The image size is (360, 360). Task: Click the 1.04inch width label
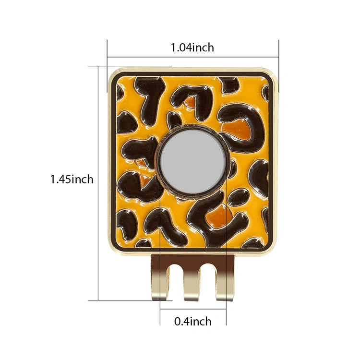point(192,48)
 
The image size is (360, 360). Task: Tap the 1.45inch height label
point(72,179)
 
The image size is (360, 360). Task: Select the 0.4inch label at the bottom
point(193,321)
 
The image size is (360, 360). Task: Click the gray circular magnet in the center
point(192,164)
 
